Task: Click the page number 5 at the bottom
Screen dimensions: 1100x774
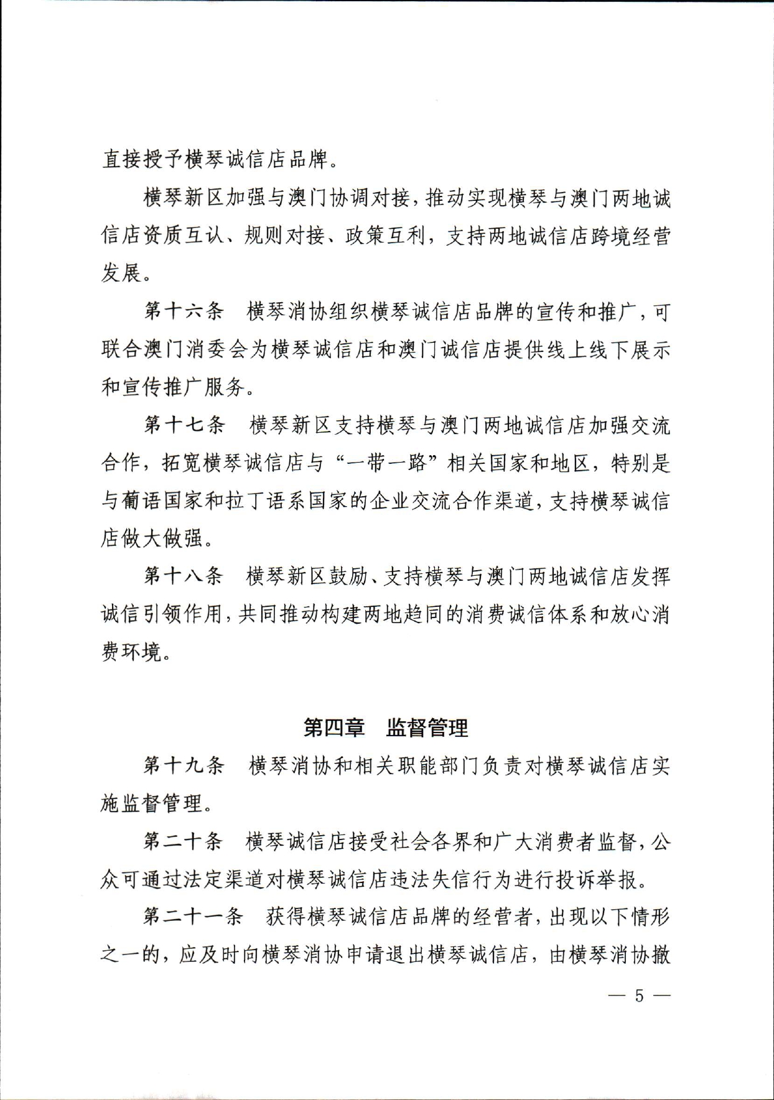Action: tap(639, 996)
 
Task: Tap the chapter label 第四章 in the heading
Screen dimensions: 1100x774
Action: tap(333, 728)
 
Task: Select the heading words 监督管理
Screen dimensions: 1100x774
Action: tap(427, 728)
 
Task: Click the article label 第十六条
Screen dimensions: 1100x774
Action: tap(184, 311)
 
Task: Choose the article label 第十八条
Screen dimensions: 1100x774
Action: tap(184, 576)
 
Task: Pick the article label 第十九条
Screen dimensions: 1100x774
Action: tap(184, 765)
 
